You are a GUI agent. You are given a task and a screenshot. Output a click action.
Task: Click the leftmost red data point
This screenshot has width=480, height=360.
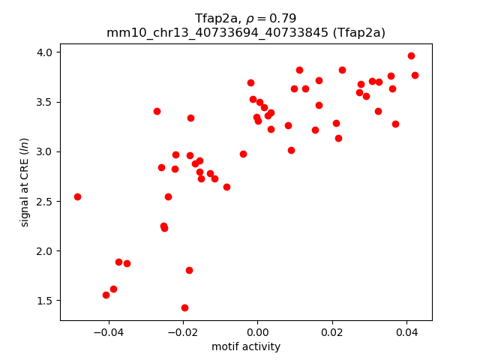coord(77,196)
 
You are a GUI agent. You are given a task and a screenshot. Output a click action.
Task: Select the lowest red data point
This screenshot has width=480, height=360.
coord(184,307)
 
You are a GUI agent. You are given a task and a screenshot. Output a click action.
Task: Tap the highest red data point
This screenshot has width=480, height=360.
coord(411,55)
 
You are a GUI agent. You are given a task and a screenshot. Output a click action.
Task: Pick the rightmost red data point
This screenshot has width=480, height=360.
coord(415,75)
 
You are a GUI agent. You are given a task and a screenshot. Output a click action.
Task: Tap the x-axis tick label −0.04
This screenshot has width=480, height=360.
coord(108,331)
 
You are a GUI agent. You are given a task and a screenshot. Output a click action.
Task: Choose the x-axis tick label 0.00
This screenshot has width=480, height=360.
coord(257,331)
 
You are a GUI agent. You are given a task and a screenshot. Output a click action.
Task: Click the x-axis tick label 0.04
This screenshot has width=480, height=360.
coord(406,331)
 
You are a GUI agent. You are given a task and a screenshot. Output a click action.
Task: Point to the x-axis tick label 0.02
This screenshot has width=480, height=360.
coord(332,331)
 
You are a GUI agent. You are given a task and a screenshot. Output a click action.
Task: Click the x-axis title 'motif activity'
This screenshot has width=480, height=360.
coord(246,346)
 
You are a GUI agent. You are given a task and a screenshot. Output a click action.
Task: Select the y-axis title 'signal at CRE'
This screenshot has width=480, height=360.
coord(25,181)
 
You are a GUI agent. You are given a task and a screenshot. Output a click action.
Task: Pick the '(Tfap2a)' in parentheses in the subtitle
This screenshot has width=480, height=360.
coord(358,32)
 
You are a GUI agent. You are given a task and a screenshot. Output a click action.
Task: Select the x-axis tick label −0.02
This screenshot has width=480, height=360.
coord(182,331)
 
